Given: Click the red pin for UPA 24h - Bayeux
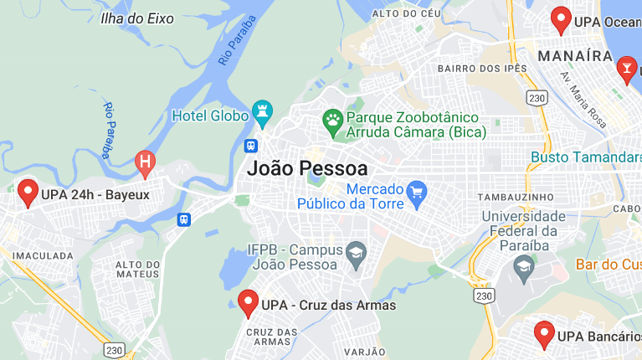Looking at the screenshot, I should tap(28, 193).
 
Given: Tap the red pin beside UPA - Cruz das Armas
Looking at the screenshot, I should tap(248, 301).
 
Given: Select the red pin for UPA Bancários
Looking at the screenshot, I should tap(544, 334).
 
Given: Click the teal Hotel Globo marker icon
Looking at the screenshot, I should tap(263, 114).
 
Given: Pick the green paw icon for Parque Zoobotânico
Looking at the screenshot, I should tap(333, 123).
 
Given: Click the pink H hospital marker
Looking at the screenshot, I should tap(146, 162).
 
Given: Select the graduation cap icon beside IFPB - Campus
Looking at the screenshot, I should tap(357, 256).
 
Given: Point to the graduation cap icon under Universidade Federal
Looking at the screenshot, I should tap(525, 267).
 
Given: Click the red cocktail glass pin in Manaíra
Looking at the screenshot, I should tap(626, 69).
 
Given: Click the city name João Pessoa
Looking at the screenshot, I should tap(307, 167).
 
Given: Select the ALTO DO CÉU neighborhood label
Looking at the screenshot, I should tap(406, 13).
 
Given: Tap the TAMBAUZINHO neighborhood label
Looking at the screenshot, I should tap(515, 197).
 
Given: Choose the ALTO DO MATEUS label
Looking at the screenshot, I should tap(136, 269).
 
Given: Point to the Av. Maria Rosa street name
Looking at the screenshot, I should tap(583, 99).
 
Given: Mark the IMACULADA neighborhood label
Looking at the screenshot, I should tap(33, 253).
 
